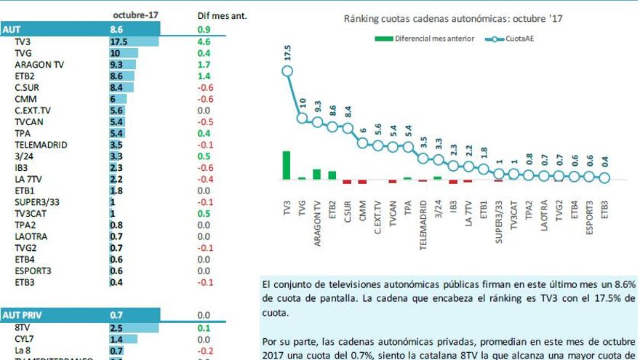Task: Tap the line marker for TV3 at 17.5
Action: coord(287,71)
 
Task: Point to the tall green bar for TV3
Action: coord(287,164)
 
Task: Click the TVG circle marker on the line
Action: coord(302,117)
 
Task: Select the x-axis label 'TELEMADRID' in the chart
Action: coord(423,226)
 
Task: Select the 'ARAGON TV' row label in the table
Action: coord(39,65)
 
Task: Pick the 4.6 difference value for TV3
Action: coord(204,42)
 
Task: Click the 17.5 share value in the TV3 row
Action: coord(118,42)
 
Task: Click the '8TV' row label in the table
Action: coord(23,328)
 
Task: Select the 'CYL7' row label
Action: coord(25,339)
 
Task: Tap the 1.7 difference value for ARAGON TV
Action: coord(204,65)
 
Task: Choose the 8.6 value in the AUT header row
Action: coord(117,30)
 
